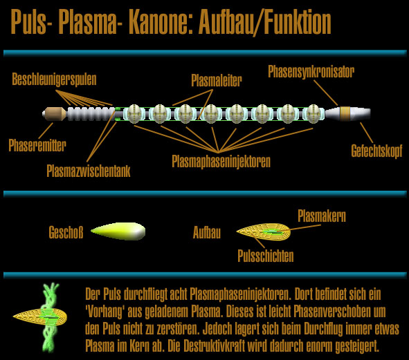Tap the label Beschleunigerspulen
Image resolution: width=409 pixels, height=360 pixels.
pyautogui.click(x=54, y=79)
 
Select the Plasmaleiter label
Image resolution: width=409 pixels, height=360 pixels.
pyautogui.click(x=217, y=80)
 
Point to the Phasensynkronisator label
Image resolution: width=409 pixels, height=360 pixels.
pyautogui.click(x=311, y=72)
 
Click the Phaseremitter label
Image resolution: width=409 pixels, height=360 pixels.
pyautogui.click(x=37, y=145)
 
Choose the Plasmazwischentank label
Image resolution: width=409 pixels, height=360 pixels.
pyautogui.click(x=89, y=171)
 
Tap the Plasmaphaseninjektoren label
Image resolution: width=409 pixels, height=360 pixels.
pyautogui.click(x=221, y=162)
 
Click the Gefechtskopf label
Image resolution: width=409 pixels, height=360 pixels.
pyautogui.click(x=376, y=151)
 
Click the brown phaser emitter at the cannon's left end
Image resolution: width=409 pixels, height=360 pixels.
pyautogui.click(x=55, y=114)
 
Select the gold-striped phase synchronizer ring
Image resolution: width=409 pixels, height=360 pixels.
pyautogui.click(x=345, y=114)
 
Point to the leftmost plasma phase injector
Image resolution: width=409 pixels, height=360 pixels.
pyautogui.click(x=134, y=113)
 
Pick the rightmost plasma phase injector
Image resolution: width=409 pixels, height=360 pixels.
pyautogui.click(x=313, y=113)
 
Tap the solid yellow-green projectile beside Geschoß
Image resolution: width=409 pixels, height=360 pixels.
pyautogui.click(x=118, y=231)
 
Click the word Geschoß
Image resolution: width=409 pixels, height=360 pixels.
pyautogui.click(x=66, y=232)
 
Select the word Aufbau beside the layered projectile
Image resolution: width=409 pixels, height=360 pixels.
pyautogui.click(x=207, y=232)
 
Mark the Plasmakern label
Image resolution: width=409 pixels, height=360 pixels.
pyautogui.click(x=322, y=216)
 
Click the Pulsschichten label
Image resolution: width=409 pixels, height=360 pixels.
pyautogui.click(x=266, y=256)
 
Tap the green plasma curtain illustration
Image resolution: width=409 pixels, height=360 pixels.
pyautogui.click(x=51, y=317)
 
